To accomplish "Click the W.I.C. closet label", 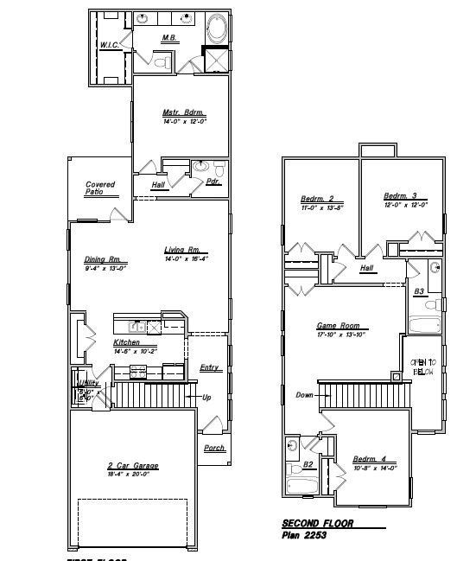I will pyautogui.click(x=109, y=45).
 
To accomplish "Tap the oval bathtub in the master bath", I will pyautogui.click(x=217, y=29).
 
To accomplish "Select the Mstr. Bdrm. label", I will pyautogui.click(x=184, y=112).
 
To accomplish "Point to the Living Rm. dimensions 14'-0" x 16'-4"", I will pyautogui.click(x=187, y=259).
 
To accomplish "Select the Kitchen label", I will pyautogui.click(x=127, y=342).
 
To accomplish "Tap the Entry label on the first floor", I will pyautogui.click(x=209, y=368).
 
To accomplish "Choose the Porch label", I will pyautogui.click(x=214, y=448).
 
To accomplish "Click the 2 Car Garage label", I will pyautogui.click(x=132, y=466).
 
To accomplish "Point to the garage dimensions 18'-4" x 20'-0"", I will pyautogui.click(x=132, y=475).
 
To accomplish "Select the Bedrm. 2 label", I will pyautogui.click(x=317, y=198).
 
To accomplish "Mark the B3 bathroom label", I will pyautogui.click(x=419, y=292).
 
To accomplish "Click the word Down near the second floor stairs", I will pyautogui.click(x=304, y=395).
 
